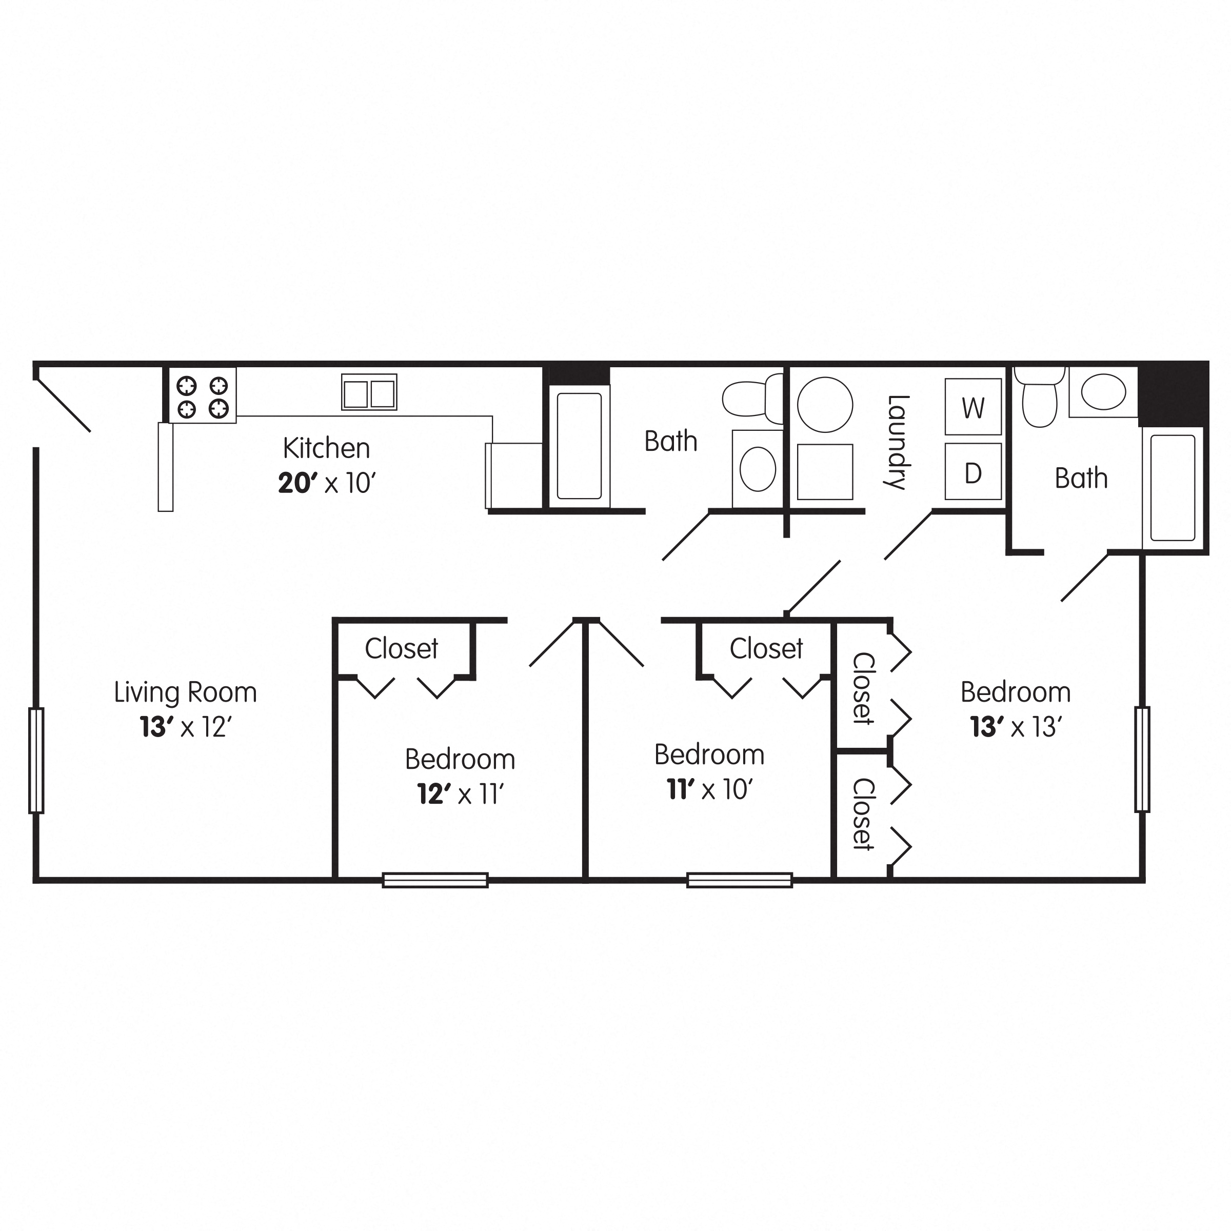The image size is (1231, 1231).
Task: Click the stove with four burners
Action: (203, 395)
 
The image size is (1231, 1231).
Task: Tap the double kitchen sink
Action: (369, 392)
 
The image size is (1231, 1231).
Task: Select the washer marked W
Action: (973, 407)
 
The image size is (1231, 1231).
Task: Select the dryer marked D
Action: (973, 472)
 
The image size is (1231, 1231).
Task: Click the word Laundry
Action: (897, 442)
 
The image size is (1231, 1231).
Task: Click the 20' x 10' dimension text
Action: (327, 484)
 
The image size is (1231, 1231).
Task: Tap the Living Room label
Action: (185, 692)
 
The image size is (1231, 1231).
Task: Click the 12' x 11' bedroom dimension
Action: (460, 795)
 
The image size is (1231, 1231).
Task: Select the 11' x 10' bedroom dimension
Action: (710, 790)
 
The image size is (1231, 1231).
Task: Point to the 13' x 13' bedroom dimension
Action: (1016, 727)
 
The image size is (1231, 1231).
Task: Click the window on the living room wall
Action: (36, 760)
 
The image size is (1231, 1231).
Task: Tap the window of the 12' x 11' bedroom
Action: (435, 880)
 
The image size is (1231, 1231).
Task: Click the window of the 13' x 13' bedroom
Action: (1142, 759)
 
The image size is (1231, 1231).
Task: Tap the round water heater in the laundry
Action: (825, 405)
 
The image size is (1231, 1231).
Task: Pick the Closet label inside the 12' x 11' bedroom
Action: (402, 649)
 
